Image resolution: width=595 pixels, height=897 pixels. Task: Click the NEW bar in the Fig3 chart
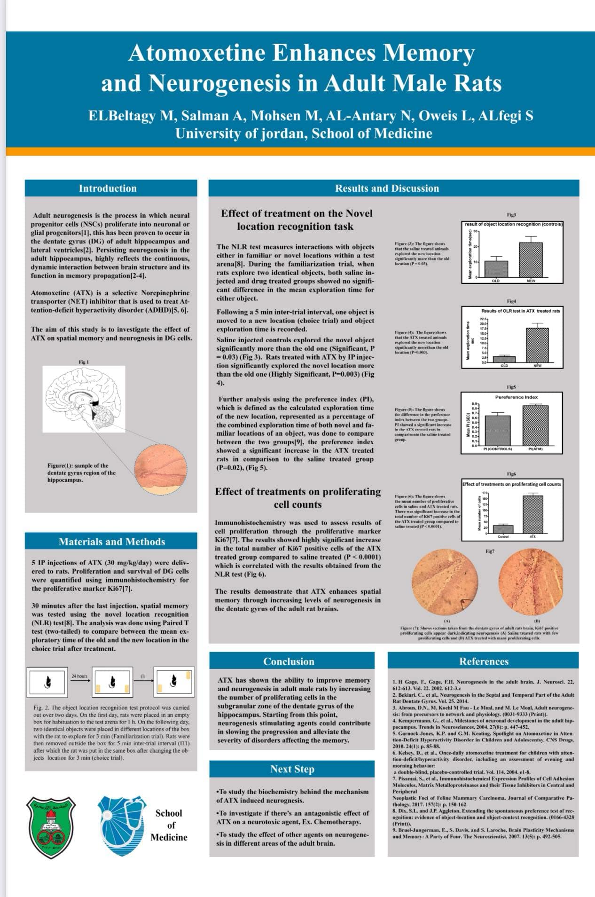pyautogui.click(x=531, y=260)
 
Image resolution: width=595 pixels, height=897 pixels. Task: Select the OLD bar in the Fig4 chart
pyautogui.click(x=504, y=359)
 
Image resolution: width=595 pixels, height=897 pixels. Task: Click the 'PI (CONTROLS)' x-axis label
pyautogui.click(x=498, y=449)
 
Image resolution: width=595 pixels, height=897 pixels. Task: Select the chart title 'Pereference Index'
pyautogui.click(x=516, y=397)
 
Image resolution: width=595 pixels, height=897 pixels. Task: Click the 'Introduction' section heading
pyautogui.click(x=108, y=189)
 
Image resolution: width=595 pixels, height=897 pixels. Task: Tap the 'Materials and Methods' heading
pyautogui.click(x=112, y=542)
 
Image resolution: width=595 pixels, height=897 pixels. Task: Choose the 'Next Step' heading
pyautogui.click(x=292, y=769)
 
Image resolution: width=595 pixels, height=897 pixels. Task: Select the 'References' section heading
pyautogui.click(x=484, y=661)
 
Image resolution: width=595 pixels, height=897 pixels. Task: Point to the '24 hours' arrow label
pyautogui.click(x=79, y=677)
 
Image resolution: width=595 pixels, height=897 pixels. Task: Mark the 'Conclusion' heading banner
pyautogui.click(x=289, y=661)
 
